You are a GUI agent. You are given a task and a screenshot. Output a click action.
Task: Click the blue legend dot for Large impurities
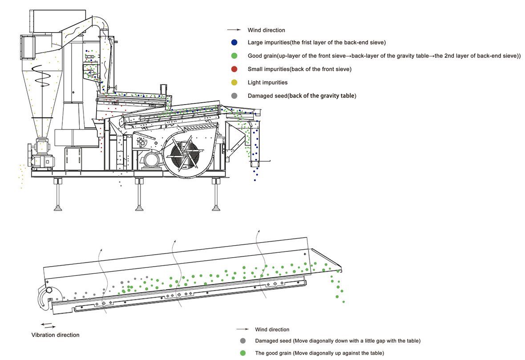234,43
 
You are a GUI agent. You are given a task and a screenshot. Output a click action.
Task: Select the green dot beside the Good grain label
234,56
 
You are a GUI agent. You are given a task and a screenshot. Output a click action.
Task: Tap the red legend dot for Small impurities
234,69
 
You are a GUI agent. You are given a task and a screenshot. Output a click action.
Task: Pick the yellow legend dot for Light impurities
234,83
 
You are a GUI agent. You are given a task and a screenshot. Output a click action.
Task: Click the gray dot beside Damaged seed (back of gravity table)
234,96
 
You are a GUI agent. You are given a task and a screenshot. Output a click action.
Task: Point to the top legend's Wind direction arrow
234,30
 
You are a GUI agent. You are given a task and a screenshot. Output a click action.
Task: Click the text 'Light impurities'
267,83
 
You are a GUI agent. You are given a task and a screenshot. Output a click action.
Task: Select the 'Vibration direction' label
55,335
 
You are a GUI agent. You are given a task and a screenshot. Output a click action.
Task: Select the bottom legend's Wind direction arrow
242,329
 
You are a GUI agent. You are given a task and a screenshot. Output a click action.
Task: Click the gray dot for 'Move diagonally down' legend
242,341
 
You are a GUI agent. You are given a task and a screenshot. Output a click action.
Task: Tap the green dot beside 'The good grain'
242,353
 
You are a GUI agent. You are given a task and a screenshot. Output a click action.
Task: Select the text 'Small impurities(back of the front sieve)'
299,69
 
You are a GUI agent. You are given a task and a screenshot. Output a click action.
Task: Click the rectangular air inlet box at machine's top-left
27,47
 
